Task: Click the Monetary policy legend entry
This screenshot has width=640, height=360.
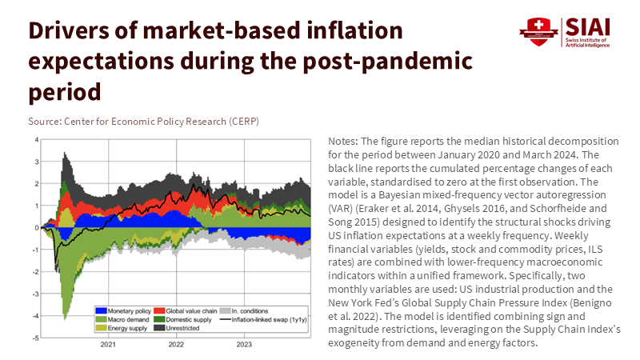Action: pyautogui.click(x=121, y=310)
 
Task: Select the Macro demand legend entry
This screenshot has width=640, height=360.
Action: pyautogui.click(x=119, y=319)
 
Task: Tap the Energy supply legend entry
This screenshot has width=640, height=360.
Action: pyautogui.click(x=120, y=328)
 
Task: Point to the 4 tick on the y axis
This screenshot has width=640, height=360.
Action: pyautogui.click(x=36, y=140)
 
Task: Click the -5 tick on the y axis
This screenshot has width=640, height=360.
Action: pyautogui.click(x=34, y=338)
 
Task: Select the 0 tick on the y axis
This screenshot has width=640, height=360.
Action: pyautogui.click(x=36, y=228)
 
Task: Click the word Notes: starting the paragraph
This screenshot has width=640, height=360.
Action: pyautogui.click(x=345, y=141)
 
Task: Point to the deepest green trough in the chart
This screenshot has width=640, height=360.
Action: pyautogui.click(x=64, y=318)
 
